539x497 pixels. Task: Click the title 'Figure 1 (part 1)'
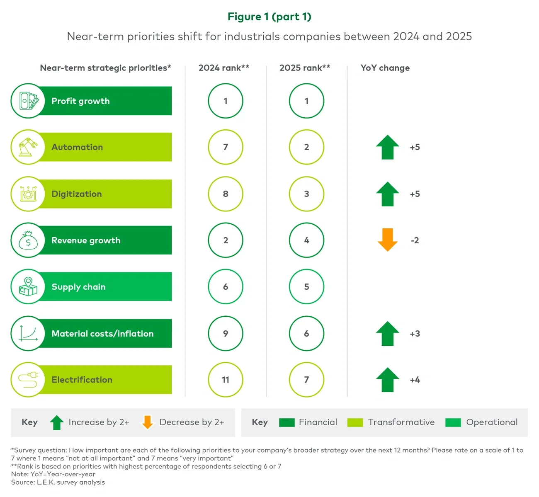point(269,17)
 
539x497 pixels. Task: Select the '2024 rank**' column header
point(224,68)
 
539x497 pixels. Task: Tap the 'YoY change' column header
point(385,68)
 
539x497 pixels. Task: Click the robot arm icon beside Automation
point(28,147)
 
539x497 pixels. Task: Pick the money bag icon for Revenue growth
point(28,240)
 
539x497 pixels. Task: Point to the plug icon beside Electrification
point(28,380)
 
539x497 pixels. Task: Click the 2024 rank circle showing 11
point(226,380)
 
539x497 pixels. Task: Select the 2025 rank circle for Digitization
point(306,194)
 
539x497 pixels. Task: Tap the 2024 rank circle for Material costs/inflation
point(226,334)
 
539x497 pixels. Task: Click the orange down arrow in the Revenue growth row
point(388,240)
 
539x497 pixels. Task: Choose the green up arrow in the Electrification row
point(388,379)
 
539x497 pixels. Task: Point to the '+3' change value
point(415,334)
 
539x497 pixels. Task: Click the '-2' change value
point(415,240)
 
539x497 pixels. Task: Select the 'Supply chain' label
point(78,287)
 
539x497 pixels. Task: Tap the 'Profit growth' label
point(80,101)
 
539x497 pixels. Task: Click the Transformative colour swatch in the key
point(355,422)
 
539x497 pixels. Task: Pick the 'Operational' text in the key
point(492,422)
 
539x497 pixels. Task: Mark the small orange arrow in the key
point(147,422)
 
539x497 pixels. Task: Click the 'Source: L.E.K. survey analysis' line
point(58,482)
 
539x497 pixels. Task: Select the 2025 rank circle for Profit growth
point(306,101)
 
